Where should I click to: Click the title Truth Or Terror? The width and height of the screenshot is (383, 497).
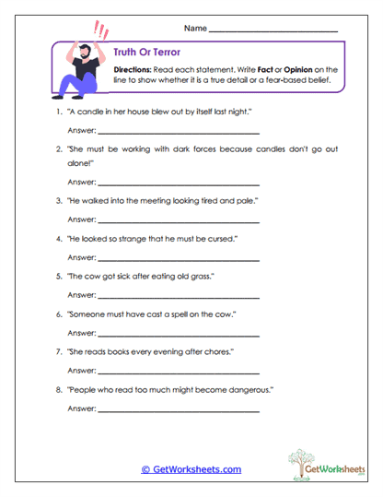point(139,53)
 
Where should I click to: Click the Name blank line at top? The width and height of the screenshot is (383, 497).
point(273,31)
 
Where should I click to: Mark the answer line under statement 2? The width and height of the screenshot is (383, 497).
point(179,183)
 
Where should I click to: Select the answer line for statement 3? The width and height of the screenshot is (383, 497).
point(179,221)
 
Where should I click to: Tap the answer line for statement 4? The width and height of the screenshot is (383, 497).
point(179,259)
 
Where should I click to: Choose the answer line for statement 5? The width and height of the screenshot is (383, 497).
point(179,297)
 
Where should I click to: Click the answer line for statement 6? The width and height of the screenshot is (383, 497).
point(179,335)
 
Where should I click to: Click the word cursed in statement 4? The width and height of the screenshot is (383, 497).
point(216,239)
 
